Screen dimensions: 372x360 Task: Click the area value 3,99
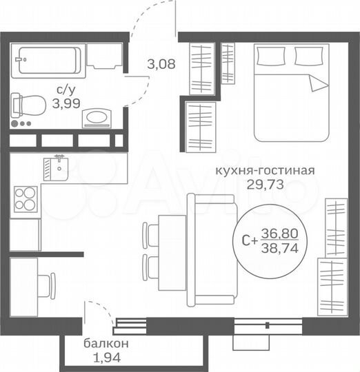pyautogui.click(x=68, y=104)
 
